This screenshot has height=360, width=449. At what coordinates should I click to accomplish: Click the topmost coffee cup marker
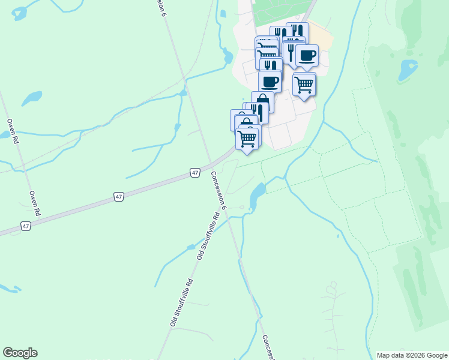307,56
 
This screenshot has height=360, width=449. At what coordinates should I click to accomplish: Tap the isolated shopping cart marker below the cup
304,84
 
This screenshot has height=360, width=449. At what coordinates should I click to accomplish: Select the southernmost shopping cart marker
247,139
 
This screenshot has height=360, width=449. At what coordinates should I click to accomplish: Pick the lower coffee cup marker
270,81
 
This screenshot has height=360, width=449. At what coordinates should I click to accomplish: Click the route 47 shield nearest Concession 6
195,173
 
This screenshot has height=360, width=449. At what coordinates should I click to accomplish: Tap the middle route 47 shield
119,196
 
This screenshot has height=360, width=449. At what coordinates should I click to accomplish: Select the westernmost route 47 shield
25,226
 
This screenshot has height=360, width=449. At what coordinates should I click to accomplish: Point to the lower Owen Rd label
35,203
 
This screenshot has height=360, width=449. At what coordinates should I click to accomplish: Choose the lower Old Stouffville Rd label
181,302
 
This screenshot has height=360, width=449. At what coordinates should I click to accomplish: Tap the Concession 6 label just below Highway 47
218,190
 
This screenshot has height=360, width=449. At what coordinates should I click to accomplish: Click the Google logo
20,353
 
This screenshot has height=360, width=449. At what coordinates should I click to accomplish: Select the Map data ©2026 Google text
412,355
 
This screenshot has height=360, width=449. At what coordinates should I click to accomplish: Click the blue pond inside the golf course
408,70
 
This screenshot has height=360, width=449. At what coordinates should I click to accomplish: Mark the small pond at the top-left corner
19,13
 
